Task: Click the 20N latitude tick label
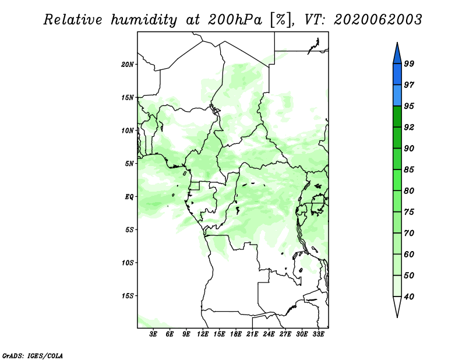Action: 128,65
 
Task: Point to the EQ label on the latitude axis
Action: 129,197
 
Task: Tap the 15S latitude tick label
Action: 128,296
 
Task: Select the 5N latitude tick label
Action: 129,164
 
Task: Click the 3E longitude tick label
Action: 153,334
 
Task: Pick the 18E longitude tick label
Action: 236,334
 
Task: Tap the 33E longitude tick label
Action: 318,334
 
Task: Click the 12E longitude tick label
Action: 203,334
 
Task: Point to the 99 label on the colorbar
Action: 409,63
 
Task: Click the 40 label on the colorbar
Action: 409,297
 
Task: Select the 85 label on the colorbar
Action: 409,170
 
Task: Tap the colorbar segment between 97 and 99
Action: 397,75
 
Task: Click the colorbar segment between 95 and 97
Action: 397,96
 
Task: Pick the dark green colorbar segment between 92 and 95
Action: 397,117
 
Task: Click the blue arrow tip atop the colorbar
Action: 397,43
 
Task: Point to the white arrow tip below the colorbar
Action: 397,317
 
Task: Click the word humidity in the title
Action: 144,20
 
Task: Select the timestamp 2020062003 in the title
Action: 377,20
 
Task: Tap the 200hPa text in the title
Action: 235,20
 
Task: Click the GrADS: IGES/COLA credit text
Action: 33,356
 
